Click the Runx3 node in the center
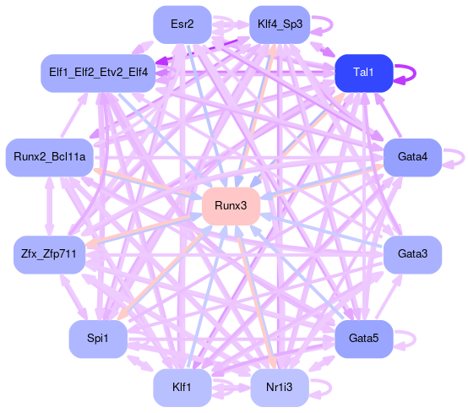point(231,206)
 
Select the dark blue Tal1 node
point(363,73)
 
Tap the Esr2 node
point(182,24)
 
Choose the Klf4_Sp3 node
point(280,24)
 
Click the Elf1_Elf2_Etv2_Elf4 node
point(98,73)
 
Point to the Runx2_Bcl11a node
point(50,157)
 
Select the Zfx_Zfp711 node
point(49,254)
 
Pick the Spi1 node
point(98,339)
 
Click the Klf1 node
point(182,388)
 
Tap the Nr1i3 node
point(280,388)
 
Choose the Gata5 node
point(363,339)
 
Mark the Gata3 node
point(412,254)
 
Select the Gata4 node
point(412,157)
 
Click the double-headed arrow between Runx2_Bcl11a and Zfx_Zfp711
point(49,206)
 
